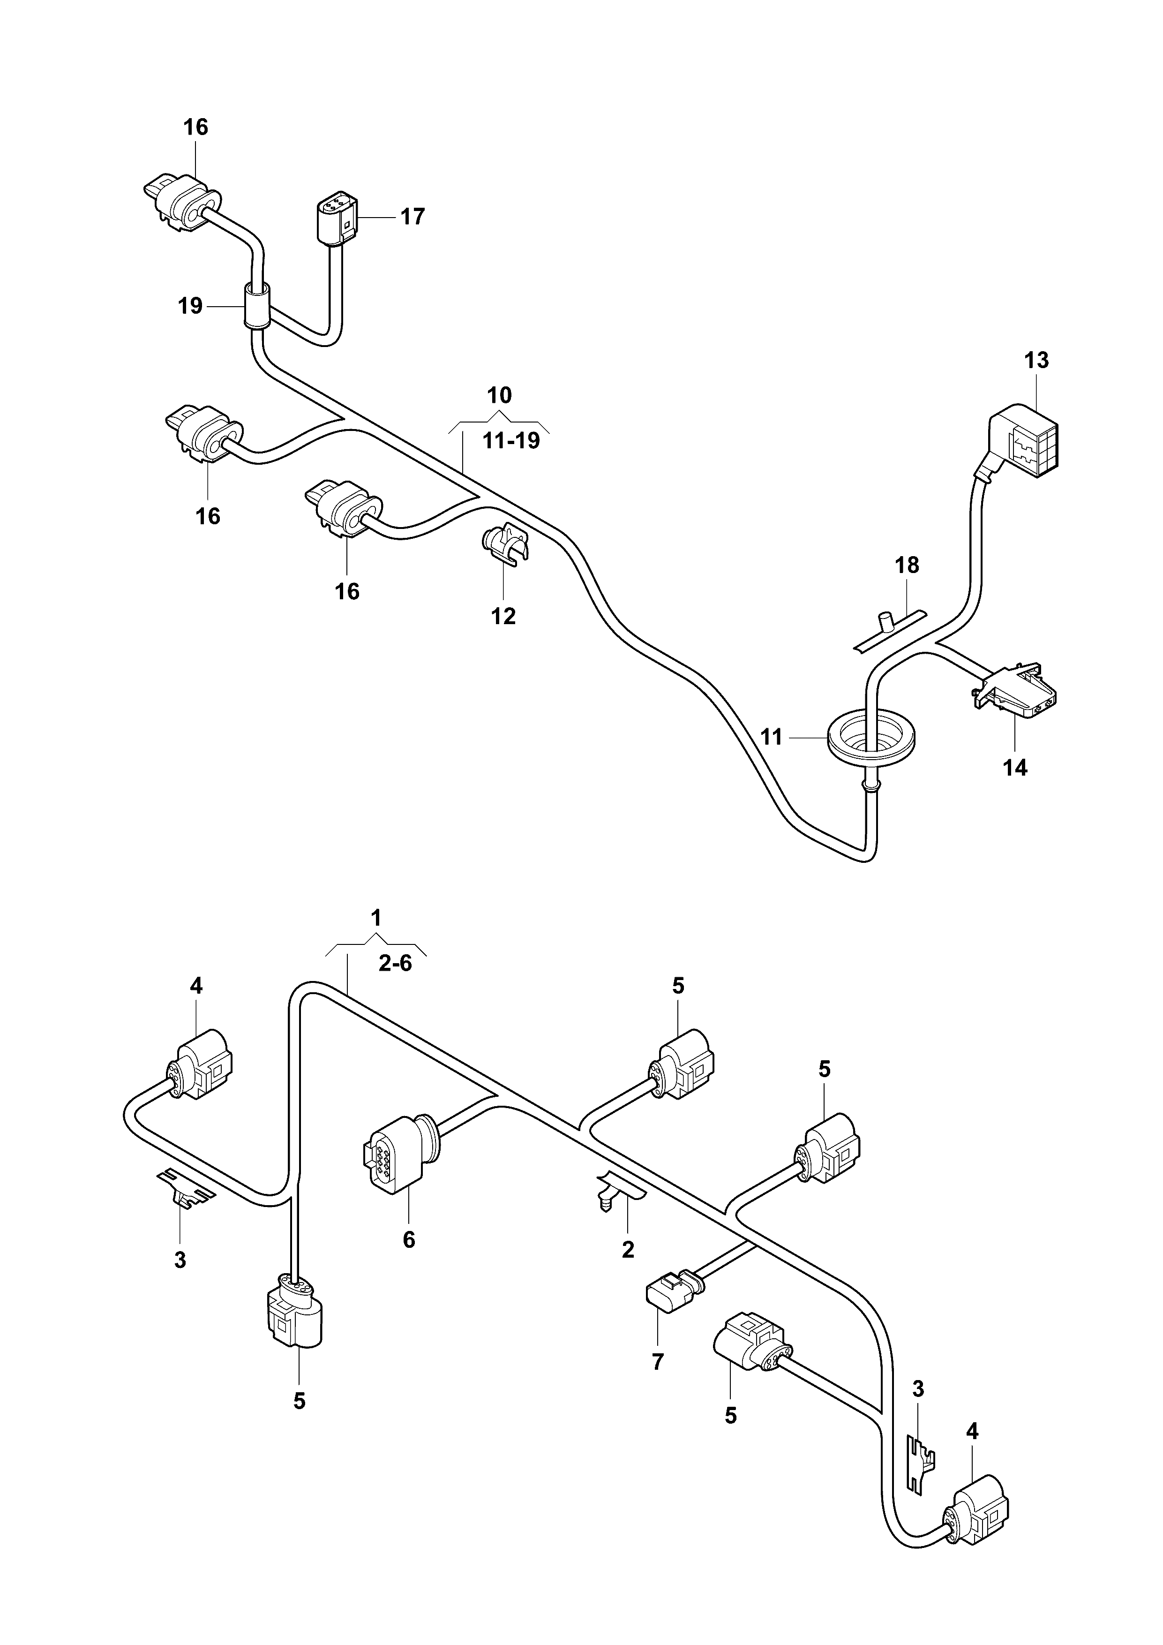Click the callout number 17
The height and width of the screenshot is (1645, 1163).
pyautogui.click(x=413, y=216)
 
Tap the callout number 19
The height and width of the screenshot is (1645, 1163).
pyautogui.click(x=190, y=307)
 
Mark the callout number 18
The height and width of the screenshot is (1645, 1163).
pyautogui.click(x=907, y=565)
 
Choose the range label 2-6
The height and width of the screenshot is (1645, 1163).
pyautogui.click(x=395, y=964)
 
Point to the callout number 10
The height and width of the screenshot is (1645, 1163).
pyautogui.click(x=500, y=395)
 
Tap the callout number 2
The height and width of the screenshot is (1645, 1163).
pyautogui.click(x=628, y=1250)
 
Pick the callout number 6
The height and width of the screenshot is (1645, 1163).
pyautogui.click(x=409, y=1239)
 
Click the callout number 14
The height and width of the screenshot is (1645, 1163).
pyautogui.click(x=1015, y=768)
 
